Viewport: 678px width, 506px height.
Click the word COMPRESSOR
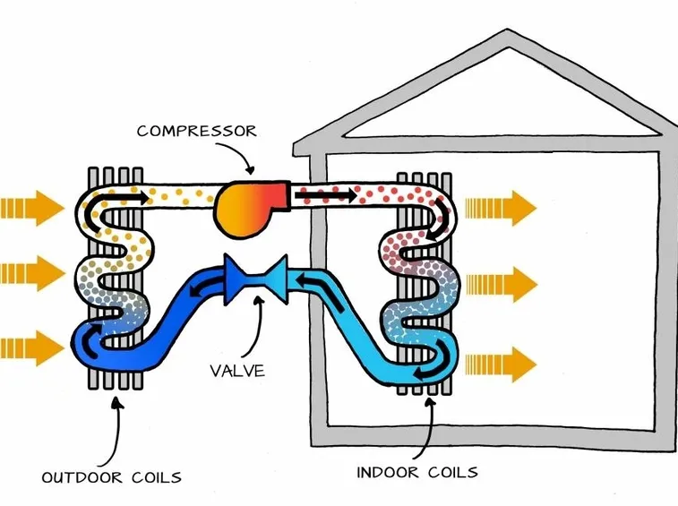coord(197,131)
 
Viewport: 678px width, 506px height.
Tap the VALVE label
coord(237,371)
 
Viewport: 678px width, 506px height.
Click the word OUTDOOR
coord(82,477)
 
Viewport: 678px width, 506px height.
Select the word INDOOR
coord(388,472)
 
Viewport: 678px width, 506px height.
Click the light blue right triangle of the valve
coord(273,279)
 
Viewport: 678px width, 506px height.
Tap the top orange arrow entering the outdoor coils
coord(32,208)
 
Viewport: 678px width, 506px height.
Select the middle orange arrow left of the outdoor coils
coord(32,273)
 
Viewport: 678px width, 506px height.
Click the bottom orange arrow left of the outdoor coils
coord(32,348)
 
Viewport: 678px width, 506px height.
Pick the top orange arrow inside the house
coord(501,208)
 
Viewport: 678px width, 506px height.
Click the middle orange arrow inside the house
coord(502,284)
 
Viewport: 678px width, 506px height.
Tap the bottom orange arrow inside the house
coord(501,364)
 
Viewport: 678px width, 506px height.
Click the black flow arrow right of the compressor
coord(325,196)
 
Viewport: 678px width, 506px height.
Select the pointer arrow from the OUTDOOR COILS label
coord(116,433)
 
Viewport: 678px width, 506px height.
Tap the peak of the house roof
coord(508,30)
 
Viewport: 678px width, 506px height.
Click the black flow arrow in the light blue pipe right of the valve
coord(321,291)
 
